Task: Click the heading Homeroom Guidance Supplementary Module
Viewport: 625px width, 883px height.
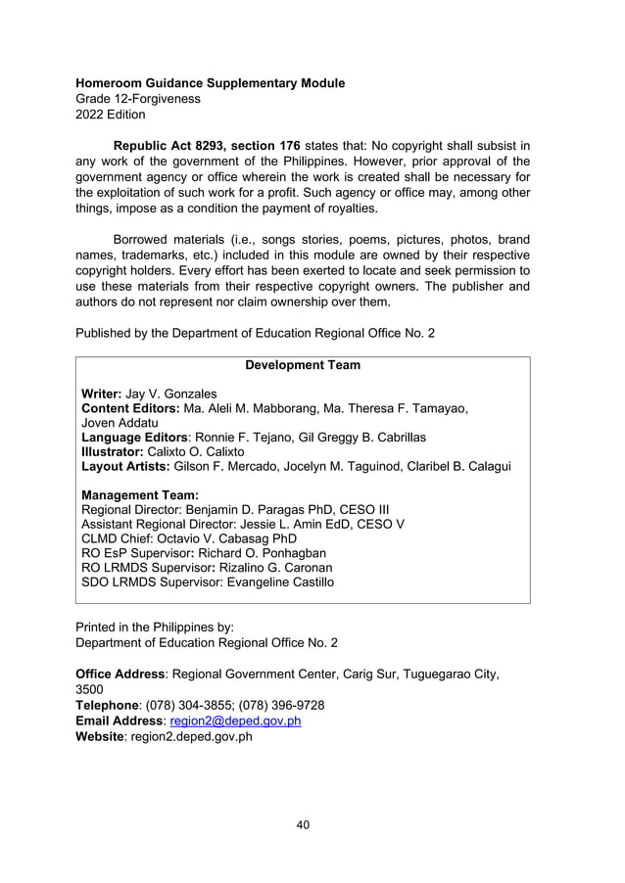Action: (210, 83)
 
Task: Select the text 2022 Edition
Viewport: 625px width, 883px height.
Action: (111, 115)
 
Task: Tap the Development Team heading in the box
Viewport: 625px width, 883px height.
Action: (302, 365)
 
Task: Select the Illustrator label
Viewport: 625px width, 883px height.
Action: (110, 452)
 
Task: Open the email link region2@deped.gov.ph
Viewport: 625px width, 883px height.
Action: (235, 721)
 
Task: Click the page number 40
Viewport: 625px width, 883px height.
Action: (303, 825)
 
